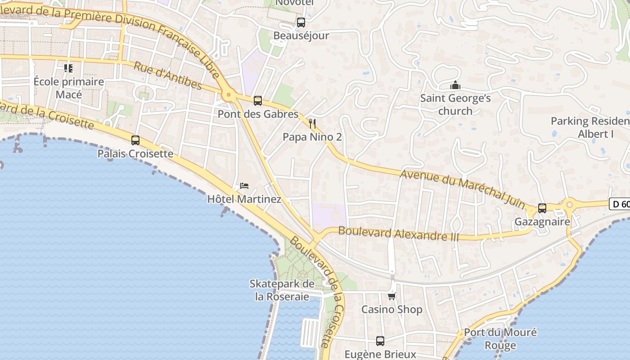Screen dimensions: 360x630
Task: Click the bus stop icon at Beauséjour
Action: point(301,22)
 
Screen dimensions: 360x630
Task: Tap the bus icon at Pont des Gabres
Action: point(257,101)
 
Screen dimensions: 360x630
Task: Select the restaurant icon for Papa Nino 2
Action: point(312,123)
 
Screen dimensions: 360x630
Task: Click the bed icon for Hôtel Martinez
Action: point(244,185)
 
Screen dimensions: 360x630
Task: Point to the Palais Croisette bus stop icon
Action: point(135,140)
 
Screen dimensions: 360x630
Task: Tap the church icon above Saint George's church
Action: point(455,85)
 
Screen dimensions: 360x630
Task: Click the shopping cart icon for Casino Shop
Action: point(392,296)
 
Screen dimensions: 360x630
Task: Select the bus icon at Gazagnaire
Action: point(542,208)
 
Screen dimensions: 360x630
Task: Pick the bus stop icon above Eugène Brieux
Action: point(380,341)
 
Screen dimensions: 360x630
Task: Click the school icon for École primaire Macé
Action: point(68,68)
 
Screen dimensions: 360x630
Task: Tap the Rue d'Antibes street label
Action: point(168,75)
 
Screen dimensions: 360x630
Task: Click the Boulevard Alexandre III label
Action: point(398,234)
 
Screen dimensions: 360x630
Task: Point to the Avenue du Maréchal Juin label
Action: point(462,189)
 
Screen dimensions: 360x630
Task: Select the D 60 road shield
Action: point(620,204)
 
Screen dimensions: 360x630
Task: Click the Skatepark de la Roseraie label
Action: point(282,290)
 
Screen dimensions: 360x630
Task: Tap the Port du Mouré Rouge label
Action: point(500,339)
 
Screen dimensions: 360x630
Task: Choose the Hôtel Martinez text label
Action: point(244,199)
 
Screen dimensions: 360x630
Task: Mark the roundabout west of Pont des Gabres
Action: point(229,95)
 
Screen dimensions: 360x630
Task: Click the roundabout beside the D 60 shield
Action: point(569,205)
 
